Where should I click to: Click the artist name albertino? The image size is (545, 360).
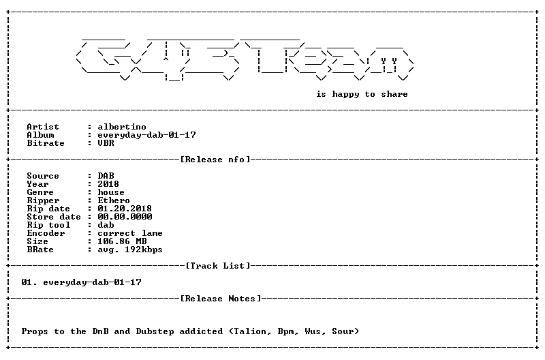(x=122, y=127)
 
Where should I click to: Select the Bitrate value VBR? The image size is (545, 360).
(x=106, y=143)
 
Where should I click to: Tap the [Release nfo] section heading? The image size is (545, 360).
(x=215, y=160)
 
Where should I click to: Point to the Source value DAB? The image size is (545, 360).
(x=106, y=176)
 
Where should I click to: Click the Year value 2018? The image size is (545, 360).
(x=108, y=184)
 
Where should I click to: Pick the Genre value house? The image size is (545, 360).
(x=111, y=192)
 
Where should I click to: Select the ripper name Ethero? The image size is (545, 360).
(x=114, y=200)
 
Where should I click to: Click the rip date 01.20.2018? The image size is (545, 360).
(x=125, y=209)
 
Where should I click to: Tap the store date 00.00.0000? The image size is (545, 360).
(x=125, y=217)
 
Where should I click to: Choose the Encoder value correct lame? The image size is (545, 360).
(x=130, y=233)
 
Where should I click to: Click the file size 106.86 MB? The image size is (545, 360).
(x=122, y=241)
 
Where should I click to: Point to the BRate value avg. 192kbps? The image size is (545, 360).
(x=130, y=250)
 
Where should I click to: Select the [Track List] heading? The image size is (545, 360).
(x=218, y=266)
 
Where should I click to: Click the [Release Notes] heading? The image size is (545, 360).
(x=220, y=299)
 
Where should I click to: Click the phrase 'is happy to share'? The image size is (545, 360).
(x=362, y=94)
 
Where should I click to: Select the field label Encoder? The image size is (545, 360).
(x=46, y=233)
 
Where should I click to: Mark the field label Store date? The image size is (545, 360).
(x=54, y=217)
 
